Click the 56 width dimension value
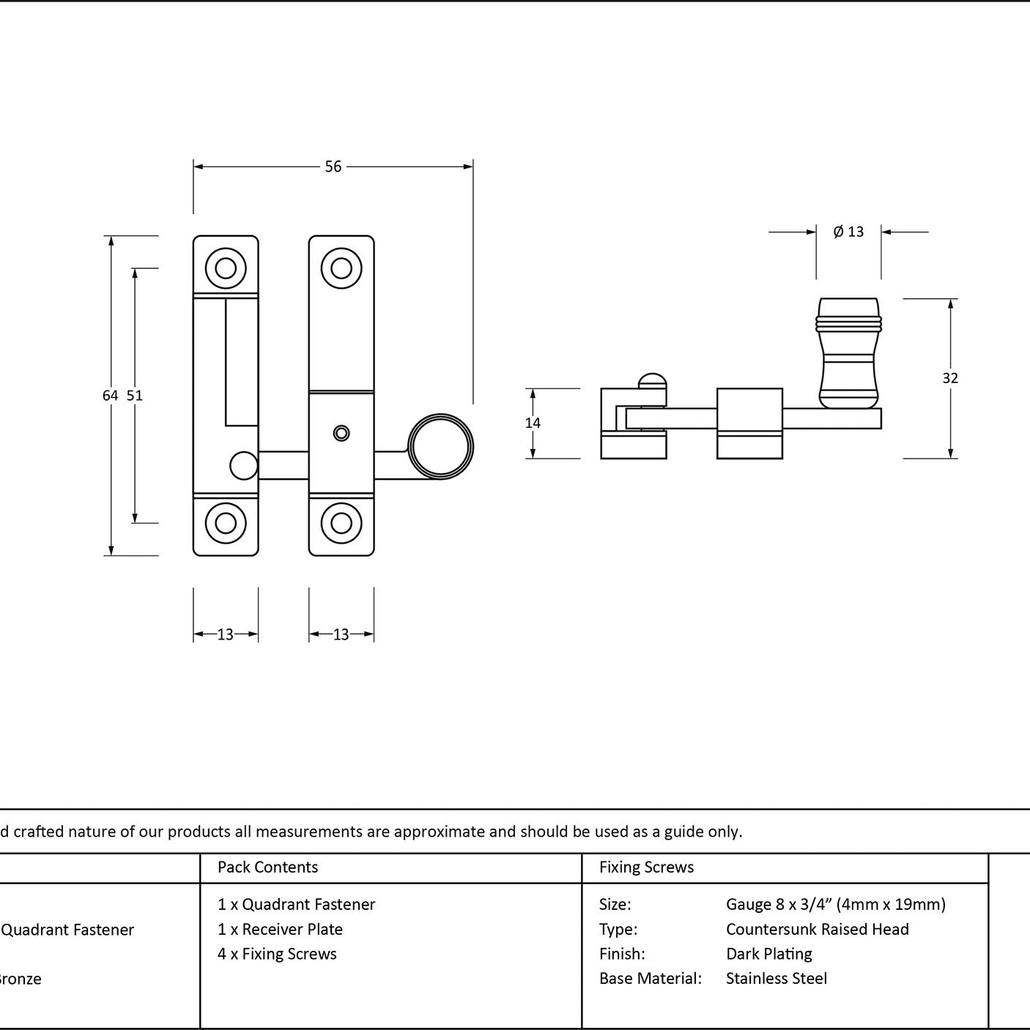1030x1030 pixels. coord(333,167)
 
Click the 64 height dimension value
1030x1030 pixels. coord(110,396)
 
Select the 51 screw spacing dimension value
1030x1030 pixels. coord(135,396)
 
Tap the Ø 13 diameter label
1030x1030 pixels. coord(848,231)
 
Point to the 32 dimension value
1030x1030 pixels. coord(950,379)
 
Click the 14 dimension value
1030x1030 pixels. coord(533,423)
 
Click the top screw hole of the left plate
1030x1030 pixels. coord(226,268)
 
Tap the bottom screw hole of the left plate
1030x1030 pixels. coord(226,523)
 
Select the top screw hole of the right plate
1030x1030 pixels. coord(341,268)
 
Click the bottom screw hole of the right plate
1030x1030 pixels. coord(341,523)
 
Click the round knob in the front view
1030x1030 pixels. coord(440,446)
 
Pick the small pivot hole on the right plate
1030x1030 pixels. coord(341,433)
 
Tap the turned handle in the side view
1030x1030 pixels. coord(849,353)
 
